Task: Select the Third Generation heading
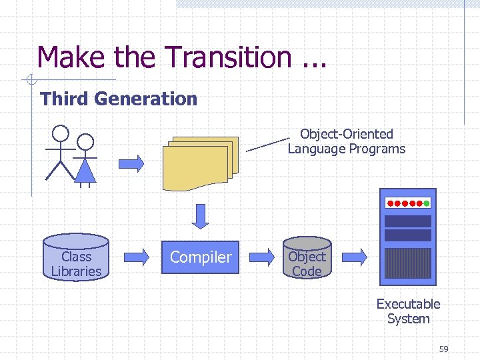119,99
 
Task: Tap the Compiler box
201,257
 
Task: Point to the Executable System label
408,311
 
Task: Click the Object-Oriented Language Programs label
346,141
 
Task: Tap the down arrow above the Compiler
200,215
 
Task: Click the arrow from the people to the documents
133,163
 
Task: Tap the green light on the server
426,203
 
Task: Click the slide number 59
444,349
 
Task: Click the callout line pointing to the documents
267,145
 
